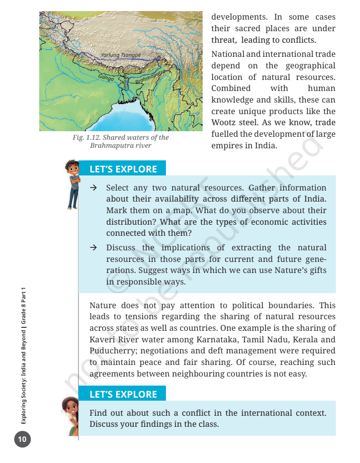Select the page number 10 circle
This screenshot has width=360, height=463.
point(22,440)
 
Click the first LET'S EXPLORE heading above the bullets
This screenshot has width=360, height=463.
point(123,169)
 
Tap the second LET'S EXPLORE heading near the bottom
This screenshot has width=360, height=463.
point(123,395)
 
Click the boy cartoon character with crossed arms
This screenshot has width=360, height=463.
point(73,183)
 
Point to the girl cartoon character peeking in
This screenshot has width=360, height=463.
point(70,415)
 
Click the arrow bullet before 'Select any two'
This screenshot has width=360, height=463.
point(93,188)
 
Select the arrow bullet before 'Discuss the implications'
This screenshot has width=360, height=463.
point(93,248)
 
